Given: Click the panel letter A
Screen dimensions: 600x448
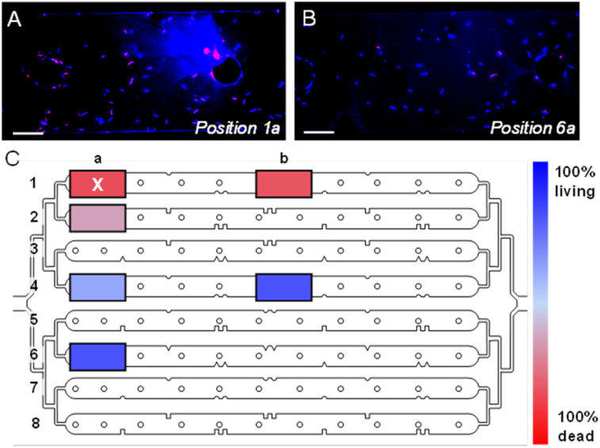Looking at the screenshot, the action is [x=14, y=20].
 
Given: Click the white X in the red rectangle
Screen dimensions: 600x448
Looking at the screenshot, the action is [x=97, y=184].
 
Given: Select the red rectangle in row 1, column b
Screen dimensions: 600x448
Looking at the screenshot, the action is [x=284, y=183].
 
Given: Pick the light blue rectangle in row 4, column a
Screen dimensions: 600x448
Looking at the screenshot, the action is [x=97, y=287].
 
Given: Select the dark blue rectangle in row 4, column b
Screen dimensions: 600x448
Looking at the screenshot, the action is [x=284, y=287].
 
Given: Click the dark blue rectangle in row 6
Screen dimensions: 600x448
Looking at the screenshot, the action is [x=97, y=356].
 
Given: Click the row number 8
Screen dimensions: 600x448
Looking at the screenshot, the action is [x=34, y=423].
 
